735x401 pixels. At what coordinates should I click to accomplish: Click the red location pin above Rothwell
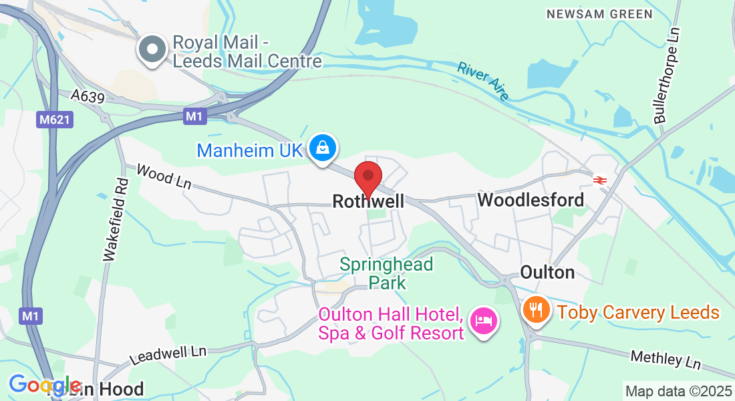(367, 176)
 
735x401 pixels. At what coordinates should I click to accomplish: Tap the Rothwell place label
(368, 200)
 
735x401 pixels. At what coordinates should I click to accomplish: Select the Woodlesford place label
(531, 200)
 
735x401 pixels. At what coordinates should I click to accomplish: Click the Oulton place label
(547, 273)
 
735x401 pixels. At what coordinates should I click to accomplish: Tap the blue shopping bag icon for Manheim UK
(323, 148)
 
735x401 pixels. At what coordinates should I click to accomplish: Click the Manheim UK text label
(250, 150)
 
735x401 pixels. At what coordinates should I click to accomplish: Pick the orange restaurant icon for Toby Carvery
(536, 310)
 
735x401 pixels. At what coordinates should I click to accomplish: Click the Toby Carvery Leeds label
(638, 312)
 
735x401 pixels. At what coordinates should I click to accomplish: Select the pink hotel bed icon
(482, 321)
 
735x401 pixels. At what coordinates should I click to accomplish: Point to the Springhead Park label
(386, 273)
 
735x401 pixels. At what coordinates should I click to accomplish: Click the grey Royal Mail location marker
(152, 50)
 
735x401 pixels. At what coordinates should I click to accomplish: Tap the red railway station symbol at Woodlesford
(599, 179)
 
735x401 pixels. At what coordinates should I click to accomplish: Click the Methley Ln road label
(666, 359)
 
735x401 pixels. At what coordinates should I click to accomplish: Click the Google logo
(45, 385)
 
